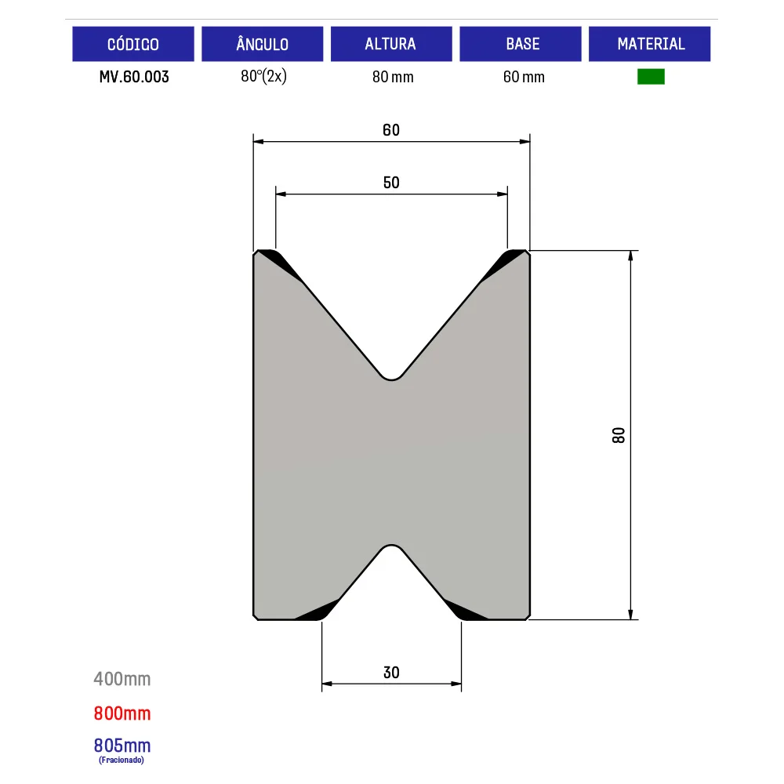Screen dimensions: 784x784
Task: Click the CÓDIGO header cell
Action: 133,44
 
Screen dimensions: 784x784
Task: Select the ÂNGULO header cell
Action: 263,44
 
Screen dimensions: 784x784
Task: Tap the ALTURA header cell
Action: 391,44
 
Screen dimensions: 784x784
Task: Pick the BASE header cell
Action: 521,44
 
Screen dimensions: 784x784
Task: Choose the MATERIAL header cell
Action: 649,44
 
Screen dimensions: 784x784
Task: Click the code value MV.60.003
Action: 134,77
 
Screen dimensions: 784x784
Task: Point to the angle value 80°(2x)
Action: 263,77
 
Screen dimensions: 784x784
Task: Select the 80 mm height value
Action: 393,77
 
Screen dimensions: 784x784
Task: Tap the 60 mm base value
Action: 524,77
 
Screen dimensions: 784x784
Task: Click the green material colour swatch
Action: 651,77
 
